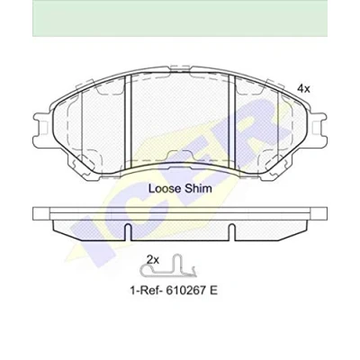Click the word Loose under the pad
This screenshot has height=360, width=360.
tap(165, 189)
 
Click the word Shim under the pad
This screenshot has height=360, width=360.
tap(198, 189)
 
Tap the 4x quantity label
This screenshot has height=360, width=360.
tap(303, 88)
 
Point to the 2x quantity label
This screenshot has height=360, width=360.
tap(152, 260)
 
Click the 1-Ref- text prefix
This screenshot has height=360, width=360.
tap(146, 291)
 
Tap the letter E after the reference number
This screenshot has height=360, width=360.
tap(213, 291)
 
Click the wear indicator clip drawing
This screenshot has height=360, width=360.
tap(168, 265)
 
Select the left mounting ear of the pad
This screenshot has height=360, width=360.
tap(41, 130)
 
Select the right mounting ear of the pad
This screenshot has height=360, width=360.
tap(319, 129)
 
